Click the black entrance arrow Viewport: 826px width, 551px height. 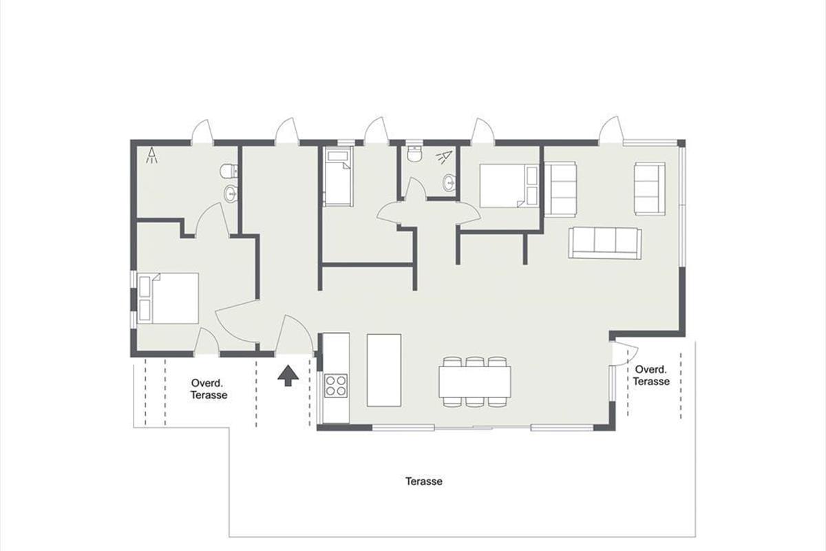point(288,375)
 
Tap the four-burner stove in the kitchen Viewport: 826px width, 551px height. point(336,385)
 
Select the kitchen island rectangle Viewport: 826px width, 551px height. point(384,370)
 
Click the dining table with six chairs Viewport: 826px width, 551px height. point(474,382)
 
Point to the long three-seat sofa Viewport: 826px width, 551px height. point(605,243)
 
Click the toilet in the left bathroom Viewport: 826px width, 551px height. point(229,171)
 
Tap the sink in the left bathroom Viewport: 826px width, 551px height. point(231,193)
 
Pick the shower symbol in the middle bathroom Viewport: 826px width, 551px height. point(445,156)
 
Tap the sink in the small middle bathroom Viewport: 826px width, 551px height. point(449,183)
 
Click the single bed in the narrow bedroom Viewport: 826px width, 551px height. point(338,176)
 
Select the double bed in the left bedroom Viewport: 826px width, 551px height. point(168,298)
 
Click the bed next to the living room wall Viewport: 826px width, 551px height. point(509,186)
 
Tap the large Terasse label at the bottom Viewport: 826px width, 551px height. point(424,481)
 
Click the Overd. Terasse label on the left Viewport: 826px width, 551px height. point(209,389)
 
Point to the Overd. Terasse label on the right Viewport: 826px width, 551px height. point(651,375)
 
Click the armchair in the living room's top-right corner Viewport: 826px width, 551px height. point(650,189)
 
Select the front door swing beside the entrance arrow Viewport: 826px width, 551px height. point(294,334)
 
